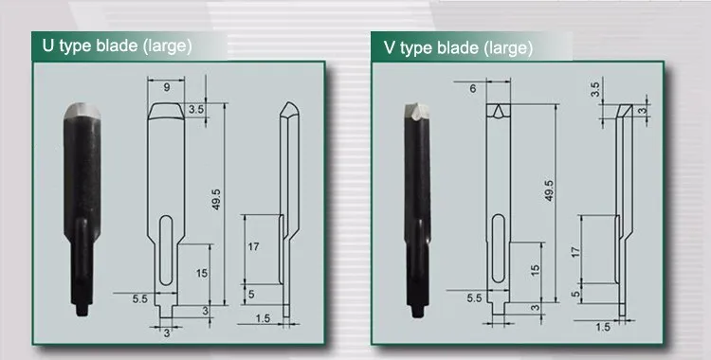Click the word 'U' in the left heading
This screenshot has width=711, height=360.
coord(47,45)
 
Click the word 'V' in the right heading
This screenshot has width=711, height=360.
coord(390,47)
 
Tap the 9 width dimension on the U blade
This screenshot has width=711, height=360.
coord(167,87)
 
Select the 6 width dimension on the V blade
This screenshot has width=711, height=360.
coord(473,89)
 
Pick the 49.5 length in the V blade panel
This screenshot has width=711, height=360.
coord(549,190)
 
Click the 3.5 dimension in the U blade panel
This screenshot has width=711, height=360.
coord(196,109)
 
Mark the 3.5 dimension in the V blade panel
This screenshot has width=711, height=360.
coord(595,89)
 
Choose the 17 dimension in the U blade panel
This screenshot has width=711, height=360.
coord(253,247)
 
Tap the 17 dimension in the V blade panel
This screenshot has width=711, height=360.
coord(575,252)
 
